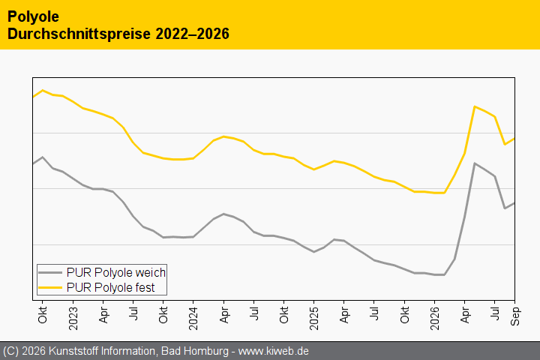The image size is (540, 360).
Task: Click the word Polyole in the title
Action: pos(33,17)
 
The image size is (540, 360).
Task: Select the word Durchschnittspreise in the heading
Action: pos(79,34)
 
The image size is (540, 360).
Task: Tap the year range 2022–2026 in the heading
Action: pos(192,34)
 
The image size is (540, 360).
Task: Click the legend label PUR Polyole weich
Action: pos(116,272)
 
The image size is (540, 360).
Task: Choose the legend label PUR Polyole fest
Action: pos(110,287)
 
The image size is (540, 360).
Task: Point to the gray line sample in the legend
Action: pos(50,272)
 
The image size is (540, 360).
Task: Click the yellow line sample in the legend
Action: pos(50,287)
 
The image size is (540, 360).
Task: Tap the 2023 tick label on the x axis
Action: pos(73,318)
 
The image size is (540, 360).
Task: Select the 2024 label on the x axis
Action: pos(193,318)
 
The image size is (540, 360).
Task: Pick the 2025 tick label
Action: pos(314,318)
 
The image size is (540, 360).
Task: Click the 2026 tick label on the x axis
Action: pos(434,318)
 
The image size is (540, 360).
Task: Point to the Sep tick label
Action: pos(515,316)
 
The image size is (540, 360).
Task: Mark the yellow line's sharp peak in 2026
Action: pos(475,106)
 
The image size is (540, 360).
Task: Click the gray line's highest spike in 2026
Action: pos(475,163)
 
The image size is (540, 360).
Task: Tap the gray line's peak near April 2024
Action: pos(223,214)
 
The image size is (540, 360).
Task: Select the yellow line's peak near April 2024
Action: pos(223,136)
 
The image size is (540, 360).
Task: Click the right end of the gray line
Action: pos(514,203)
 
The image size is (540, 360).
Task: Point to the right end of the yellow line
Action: pos(514,139)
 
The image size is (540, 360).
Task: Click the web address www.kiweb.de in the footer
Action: pos(274,351)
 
